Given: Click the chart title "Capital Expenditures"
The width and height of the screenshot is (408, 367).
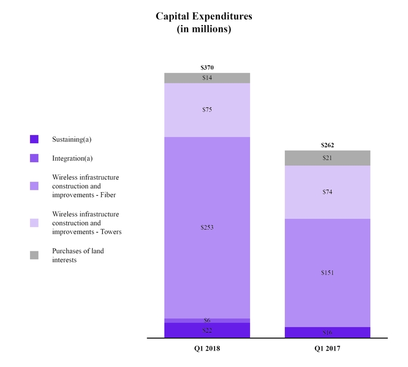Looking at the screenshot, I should pyautogui.click(x=203, y=17).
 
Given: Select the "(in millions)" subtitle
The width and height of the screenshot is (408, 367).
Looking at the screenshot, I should pyautogui.click(x=203, y=29).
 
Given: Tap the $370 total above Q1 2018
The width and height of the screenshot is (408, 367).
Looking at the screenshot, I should pyautogui.click(x=207, y=67).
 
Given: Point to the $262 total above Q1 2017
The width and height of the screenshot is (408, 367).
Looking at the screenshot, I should pyautogui.click(x=328, y=145).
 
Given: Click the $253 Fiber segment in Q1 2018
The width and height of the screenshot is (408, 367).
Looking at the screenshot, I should pyautogui.click(x=207, y=228).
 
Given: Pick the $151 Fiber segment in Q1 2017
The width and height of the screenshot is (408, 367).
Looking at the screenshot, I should pyautogui.click(x=328, y=272).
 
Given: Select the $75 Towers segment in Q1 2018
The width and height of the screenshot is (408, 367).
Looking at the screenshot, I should pyautogui.click(x=207, y=110).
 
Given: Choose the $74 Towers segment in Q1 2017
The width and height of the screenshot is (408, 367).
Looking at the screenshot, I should pyautogui.click(x=328, y=192).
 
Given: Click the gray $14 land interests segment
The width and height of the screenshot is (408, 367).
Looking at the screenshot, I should pyautogui.click(x=207, y=78).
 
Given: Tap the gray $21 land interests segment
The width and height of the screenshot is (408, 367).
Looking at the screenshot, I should pyautogui.click(x=328, y=158).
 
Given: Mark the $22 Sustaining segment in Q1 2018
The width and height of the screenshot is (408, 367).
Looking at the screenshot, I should pyautogui.click(x=207, y=330).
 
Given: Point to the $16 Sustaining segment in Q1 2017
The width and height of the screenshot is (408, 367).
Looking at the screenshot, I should pyautogui.click(x=328, y=332).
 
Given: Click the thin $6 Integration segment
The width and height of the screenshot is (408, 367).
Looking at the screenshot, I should pyautogui.click(x=207, y=321).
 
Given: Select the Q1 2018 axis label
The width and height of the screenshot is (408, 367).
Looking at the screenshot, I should pyautogui.click(x=207, y=348).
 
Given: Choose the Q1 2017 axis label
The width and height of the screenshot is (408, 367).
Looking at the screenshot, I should pyautogui.click(x=328, y=348).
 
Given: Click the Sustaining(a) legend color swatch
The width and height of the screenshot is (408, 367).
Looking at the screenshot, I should pyautogui.click(x=34, y=139).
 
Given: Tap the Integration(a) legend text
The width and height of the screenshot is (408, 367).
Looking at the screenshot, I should pyautogui.click(x=72, y=158).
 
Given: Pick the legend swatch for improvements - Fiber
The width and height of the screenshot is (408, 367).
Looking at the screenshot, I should pyautogui.click(x=34, y=186).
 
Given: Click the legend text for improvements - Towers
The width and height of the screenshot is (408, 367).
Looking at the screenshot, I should pyautogui.click(x=86, y=223).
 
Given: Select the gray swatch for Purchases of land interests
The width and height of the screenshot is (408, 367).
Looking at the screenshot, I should pyautogui.click(x=34, y=255).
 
